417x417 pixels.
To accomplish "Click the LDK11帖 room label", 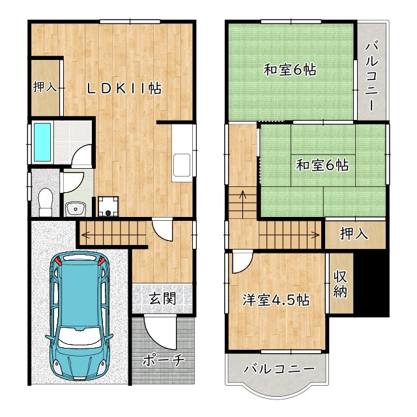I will click(x=124, y=89).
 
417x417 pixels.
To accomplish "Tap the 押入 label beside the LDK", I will click(x=44, y=87).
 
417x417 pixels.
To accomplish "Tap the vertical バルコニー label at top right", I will click(x=371, y=76).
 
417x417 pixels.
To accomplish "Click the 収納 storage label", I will click(x=340, y=284).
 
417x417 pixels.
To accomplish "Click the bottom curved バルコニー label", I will click(x=279, y=369).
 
